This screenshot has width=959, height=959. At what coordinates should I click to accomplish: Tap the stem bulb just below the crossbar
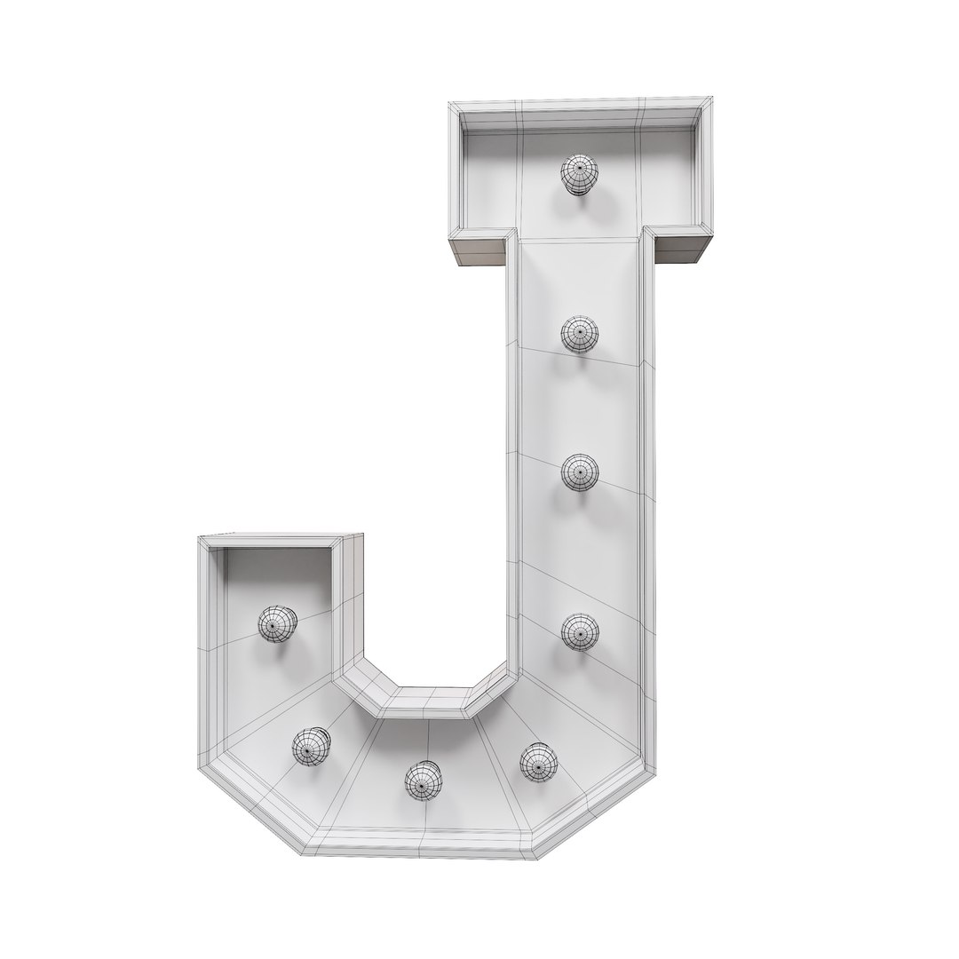(579, 335)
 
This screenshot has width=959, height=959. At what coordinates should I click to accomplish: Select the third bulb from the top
(580, 472)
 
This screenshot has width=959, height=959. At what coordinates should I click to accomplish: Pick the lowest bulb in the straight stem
(580, 631)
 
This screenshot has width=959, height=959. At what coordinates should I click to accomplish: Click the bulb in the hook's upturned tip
(277, 622)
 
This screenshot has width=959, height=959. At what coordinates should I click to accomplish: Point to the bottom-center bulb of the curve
(424, 780)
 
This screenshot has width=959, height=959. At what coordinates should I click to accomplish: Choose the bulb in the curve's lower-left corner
(311, 746)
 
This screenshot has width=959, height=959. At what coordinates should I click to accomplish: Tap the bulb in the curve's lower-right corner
(538, 761)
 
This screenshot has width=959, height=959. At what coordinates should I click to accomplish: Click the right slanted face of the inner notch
(490, 691)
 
